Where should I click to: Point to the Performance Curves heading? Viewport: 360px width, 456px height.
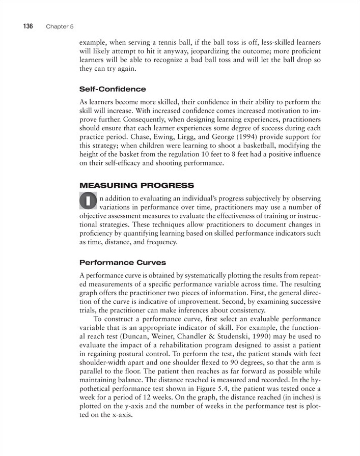(122, 263)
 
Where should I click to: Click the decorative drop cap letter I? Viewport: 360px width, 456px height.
(89, 201)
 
